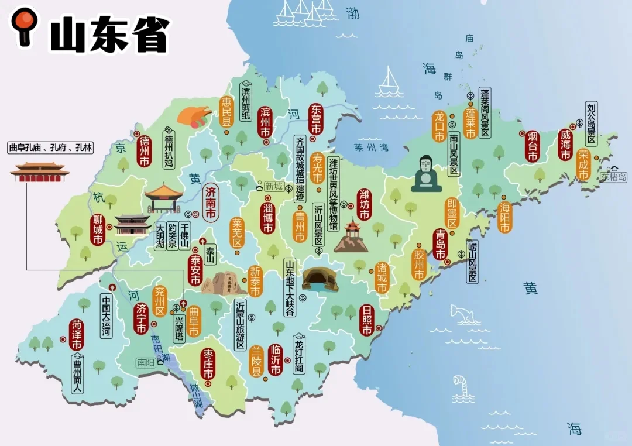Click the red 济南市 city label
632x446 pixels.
coord(211,204)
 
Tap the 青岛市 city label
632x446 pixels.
coord(440,245)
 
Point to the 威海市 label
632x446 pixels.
coord(565,145)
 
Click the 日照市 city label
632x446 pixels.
coord(367,320)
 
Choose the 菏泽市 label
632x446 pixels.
coord(77,335)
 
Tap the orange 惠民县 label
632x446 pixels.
coord(226,112)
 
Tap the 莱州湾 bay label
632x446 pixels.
coord(371,147)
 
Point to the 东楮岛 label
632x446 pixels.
coord(613,176)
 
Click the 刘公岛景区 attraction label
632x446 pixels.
coord(591,124)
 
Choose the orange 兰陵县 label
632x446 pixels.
coord(256,361)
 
